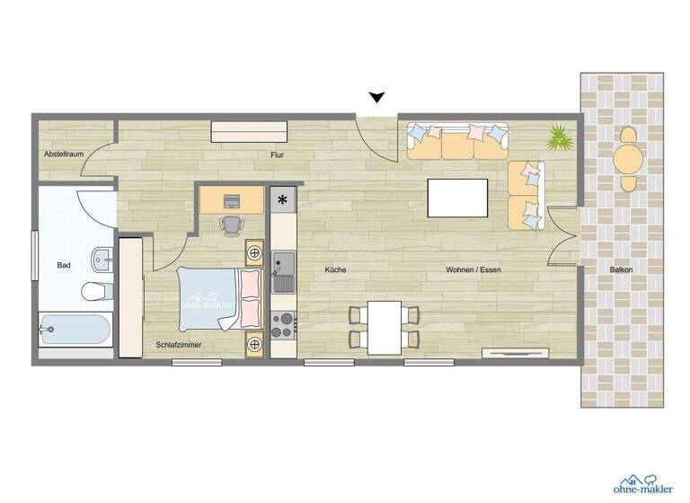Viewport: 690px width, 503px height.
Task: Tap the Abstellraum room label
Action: [64, 154]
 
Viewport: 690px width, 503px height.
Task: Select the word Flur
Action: [278, 154]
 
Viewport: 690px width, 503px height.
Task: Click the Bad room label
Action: [64, 265]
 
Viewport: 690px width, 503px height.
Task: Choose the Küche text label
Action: [335, 269]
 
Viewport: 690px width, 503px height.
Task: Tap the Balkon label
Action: [620, 269]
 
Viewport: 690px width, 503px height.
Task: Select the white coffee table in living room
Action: [458, 198]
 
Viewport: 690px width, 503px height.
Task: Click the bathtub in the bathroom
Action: [75, 330]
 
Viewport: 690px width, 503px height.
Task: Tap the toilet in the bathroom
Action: [94, 290]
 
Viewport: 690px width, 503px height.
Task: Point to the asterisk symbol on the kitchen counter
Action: [284, 199]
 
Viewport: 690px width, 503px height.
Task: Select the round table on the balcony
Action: [628, 159]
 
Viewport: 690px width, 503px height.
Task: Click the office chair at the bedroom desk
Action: [231, 225]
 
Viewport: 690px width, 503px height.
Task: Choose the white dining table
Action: [384, 327]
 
